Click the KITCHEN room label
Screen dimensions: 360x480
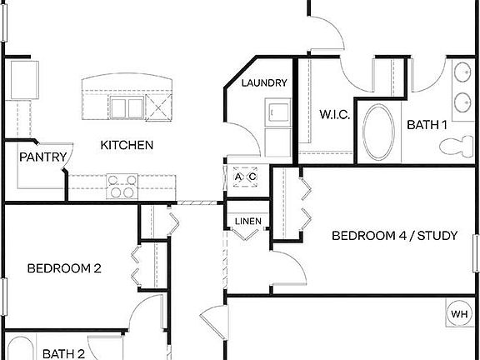tap(127, 145)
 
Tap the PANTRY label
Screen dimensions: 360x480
tap(42, 156)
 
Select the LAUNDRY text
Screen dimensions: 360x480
tap(264, 83)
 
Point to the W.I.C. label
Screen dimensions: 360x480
tap(334, 115)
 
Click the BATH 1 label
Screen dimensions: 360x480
tap(427, 125)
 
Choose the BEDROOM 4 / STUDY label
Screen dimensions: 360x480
tap(394, 236)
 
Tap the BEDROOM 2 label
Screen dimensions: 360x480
tap(64, 268)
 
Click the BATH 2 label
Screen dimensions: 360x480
tap(64, 353)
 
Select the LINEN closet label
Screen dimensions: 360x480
tap(247, 221)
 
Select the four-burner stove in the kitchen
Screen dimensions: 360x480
tap(122, 184)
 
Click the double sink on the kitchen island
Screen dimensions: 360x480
tap(127, 107)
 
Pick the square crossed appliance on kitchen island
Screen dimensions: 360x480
tap(157, 106)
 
